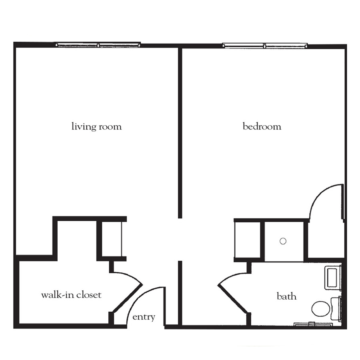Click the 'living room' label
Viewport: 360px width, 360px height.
96,127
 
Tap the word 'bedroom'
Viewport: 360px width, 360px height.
262,126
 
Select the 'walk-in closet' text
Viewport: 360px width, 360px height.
71,295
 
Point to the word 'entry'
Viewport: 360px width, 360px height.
144,317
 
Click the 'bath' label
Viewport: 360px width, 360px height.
286,296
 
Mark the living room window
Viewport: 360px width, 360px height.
98,45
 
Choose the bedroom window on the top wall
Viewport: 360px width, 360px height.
265,46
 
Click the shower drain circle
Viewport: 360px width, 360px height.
283,241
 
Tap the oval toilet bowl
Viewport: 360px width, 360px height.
321,309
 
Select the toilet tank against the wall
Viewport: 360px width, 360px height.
336,308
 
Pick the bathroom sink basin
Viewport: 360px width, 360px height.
332,278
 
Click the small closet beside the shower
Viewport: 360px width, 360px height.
248,240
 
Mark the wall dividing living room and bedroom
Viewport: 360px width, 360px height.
180,133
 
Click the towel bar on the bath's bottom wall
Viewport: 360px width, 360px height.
313,324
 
